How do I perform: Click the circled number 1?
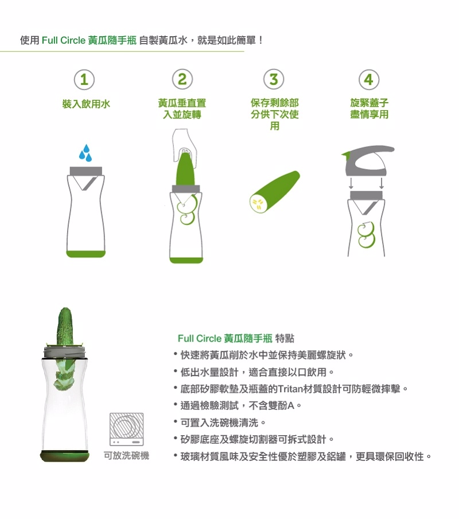(84, 80)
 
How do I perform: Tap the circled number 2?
(182, 79)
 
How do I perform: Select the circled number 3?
(274, 79)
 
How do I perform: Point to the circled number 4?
(369, 79)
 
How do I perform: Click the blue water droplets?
(85, 153)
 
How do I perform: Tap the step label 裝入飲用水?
(86, 104)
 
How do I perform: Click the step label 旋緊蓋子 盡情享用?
(369, 109)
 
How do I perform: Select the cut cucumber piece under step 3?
(274, 192)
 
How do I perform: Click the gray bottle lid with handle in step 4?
(368, 161)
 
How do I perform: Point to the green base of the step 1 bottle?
(85, 254)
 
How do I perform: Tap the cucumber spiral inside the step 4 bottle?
(366, 234)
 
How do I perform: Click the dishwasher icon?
(127, 429)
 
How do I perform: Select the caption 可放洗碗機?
(126, 456)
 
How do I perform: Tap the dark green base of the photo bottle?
(65, 456)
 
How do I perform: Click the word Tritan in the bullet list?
(290, 389)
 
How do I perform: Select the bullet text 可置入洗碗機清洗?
(219, 423)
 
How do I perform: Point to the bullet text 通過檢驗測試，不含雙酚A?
(238, 405)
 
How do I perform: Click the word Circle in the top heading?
(73, 40)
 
